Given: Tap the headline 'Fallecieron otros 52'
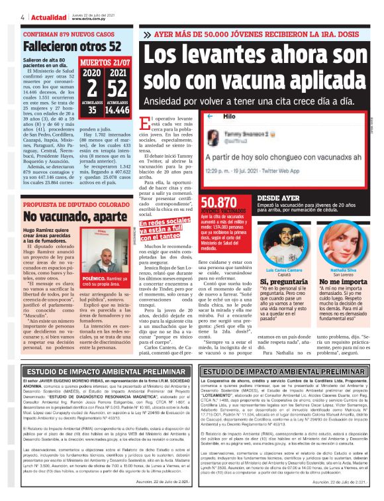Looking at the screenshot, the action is [72, 46].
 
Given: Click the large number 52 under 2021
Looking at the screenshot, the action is [117, 89].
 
